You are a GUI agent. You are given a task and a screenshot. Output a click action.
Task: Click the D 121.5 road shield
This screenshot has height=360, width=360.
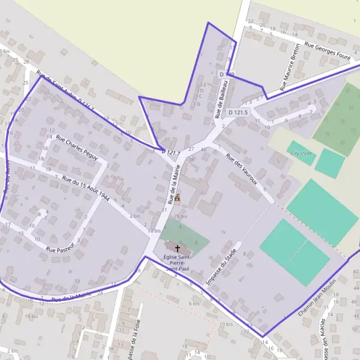point(238,112)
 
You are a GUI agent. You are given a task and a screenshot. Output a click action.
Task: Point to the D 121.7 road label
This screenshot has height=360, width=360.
point(171,153)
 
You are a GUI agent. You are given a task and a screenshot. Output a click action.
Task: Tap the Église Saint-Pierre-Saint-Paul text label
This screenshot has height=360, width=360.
point(177,263)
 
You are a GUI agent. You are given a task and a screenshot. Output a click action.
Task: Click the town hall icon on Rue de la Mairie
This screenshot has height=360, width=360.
point(177,197)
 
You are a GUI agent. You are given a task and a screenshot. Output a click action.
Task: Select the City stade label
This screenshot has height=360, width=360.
point(302,153)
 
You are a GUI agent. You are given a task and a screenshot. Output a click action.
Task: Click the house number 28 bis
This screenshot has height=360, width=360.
point(180,216)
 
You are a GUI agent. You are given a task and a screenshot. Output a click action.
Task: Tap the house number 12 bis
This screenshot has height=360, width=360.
point(154,230)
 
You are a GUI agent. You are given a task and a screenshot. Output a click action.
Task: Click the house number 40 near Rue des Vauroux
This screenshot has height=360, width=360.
point(203,149)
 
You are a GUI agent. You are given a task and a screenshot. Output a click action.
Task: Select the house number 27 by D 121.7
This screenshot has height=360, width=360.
point(191,148)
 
